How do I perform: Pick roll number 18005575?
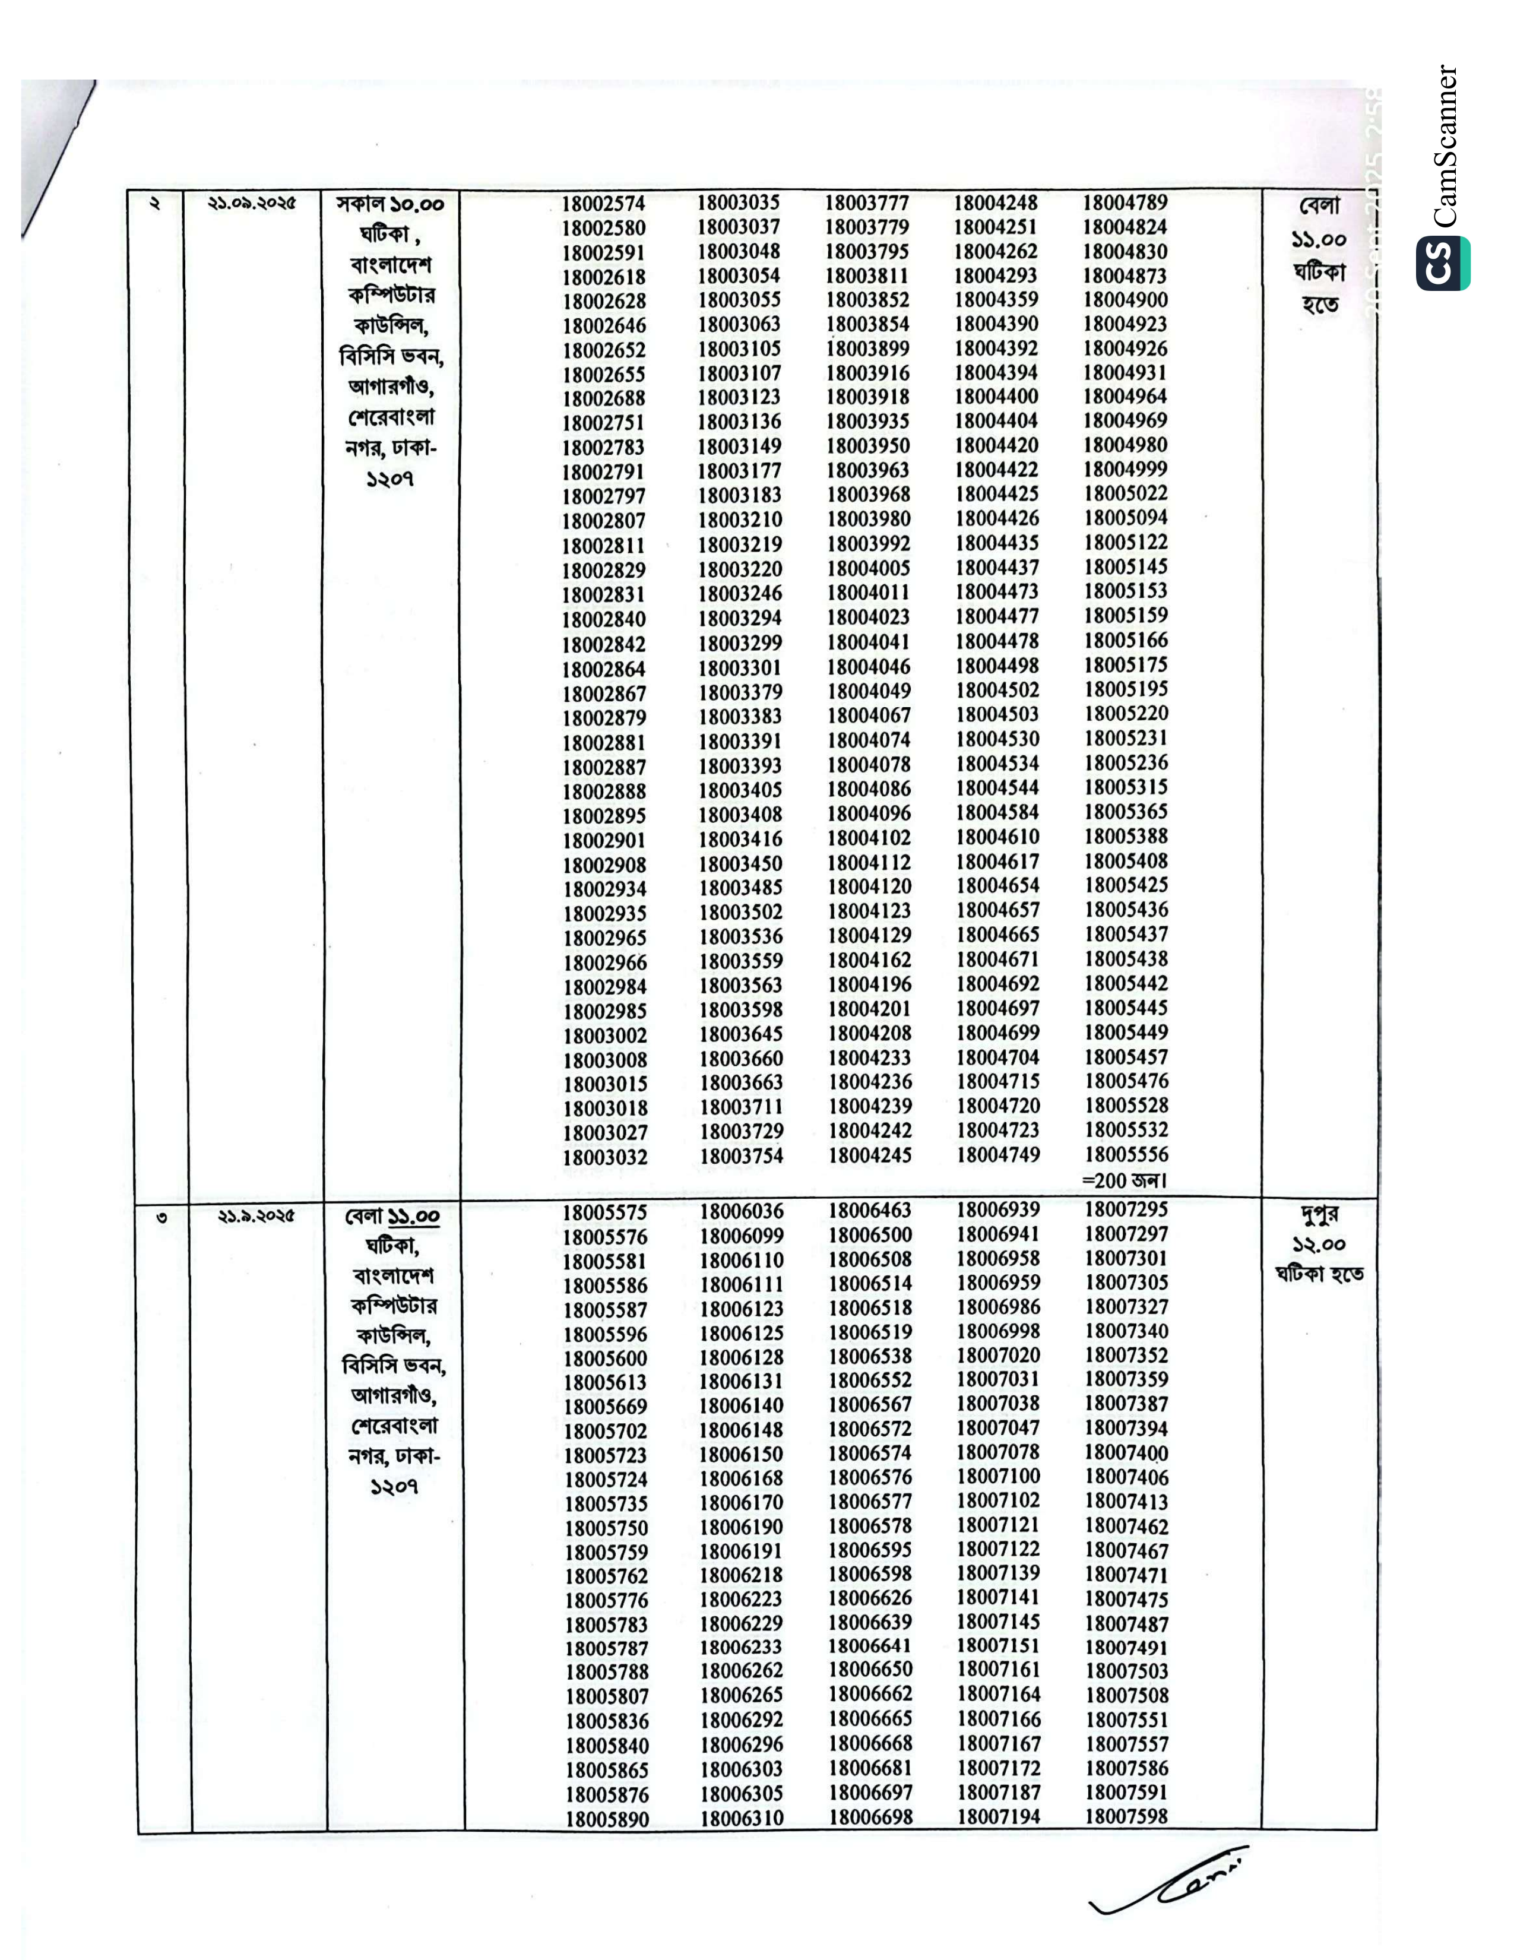point(605,1212)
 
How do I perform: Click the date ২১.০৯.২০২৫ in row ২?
point(252,204)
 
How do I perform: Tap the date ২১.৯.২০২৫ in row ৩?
point(256,1217)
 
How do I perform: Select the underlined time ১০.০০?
point(416,205)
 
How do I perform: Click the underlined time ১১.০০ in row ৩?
point(414,1218)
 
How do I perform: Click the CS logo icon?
point(1443,263)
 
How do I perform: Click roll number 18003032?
point(605,1158)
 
